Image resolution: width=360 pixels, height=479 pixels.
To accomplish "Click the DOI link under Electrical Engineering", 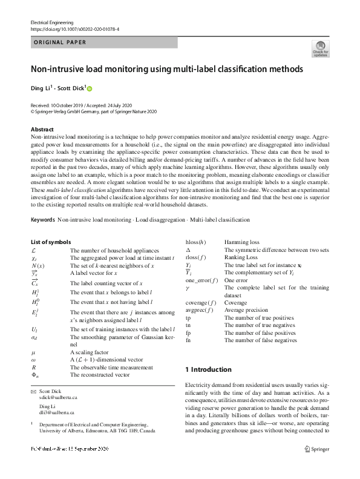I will click(74, 28).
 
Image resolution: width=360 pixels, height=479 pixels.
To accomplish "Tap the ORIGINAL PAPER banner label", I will click(59, 42).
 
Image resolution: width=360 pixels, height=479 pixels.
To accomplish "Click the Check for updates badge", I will click(320, 49).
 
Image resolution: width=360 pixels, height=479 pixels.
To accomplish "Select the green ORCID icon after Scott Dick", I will click(90, 88).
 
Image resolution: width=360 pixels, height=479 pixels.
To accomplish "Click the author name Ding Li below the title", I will click(42, 88).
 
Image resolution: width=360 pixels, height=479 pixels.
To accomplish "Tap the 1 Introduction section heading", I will click(208, 369).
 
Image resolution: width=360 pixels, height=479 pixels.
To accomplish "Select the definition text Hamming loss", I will click(242, 242).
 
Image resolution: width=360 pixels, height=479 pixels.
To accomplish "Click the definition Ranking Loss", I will click(241, 257).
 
